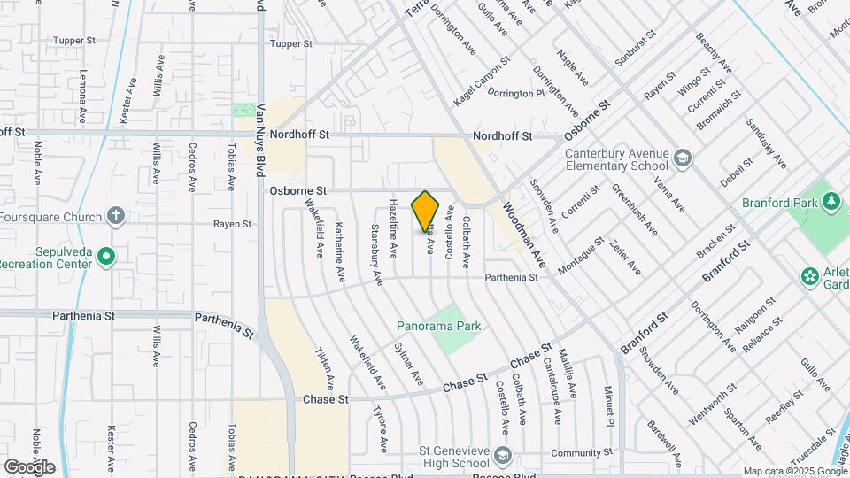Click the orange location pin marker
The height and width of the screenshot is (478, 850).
point(425,211)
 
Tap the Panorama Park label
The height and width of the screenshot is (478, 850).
point(439,326)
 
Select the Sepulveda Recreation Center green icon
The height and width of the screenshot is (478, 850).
point(106,257)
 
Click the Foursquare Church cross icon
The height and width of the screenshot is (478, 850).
point(115,215)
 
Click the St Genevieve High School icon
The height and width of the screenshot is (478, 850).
point(503,455)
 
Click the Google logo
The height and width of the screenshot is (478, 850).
point(29,467)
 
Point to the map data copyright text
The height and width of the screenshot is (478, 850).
point(794,471)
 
